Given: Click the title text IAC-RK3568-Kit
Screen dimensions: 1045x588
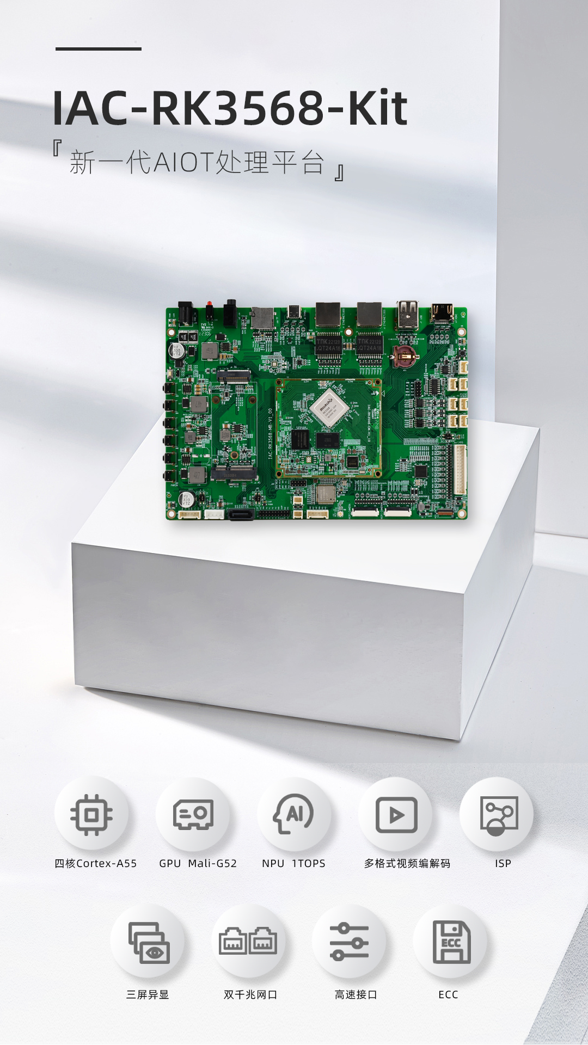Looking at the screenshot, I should click(x=230, y=108).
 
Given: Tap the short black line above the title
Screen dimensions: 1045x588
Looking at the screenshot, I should click(x=99, y=49).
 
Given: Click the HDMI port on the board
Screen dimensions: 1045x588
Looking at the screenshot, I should click(x=442, y=313).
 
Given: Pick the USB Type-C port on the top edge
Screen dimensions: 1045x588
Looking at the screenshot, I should click(x=295, y=313).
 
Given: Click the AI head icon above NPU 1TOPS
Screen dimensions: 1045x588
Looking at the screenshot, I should click(x=294, y=814).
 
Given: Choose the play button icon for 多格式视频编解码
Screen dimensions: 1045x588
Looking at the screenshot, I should click(x=396, y=815).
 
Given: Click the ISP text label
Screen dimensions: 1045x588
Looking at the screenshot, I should click(x=503, y=863).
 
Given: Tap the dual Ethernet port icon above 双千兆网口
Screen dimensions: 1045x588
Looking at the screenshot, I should click(x=248, y=941).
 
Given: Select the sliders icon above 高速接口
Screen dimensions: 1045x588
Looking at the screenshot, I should click(x=350, y=942).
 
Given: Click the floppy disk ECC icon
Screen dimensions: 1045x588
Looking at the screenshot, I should click(x=451, y=942).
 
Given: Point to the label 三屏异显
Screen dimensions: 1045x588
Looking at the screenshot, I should click(x=148, y=994).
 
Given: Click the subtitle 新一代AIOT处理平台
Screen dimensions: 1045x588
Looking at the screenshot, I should click(x=197, y=162).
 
